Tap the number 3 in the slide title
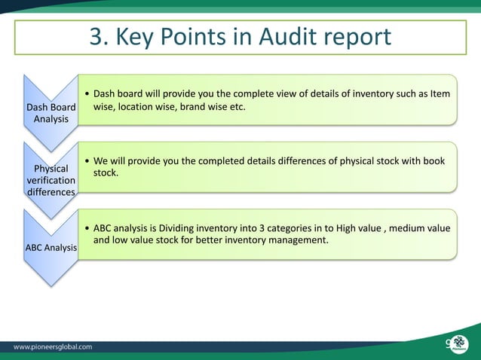coord(97,37)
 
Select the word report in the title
coord(357,37)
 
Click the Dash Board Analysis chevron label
coord(51,113)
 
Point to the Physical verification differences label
coord(51,180)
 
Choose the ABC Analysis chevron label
coord(51,248)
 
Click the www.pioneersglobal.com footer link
coord(54,347)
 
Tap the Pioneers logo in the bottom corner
coord(457,345)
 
